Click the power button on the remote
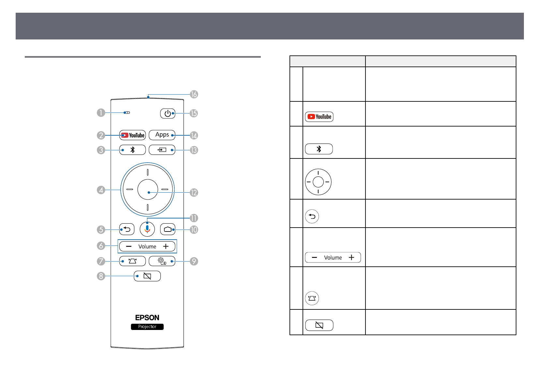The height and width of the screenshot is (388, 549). click(x=168, y=113)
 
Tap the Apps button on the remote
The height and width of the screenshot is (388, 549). click(x=162, y=135)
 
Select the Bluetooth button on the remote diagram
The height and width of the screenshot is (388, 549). click(x=132, y=150)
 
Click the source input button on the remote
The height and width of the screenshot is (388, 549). click(x=162, y=150)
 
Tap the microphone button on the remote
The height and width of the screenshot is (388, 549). click(x=147, y=229)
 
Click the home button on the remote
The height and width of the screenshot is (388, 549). click(x=168, y=230)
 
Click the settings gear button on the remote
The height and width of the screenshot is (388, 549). click(x=162, y=261)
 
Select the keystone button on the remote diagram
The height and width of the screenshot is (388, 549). click(x=132, y=261)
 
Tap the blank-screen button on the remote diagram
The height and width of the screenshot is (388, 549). click(x=147, y=276)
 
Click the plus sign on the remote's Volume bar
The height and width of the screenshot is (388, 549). click(x=166, y=246)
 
